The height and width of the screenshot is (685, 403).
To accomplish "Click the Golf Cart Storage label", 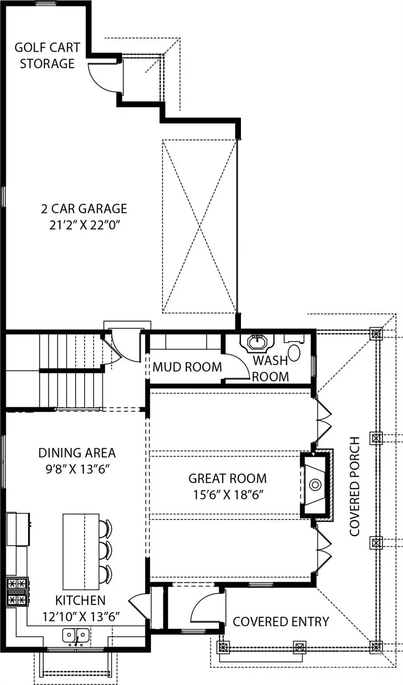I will click(x=47, y=56).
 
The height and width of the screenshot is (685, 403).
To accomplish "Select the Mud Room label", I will click(x=187, y=367).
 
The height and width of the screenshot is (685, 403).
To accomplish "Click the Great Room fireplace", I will click(x=316, y=485).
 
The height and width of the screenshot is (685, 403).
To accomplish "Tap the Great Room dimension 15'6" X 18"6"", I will click(x=227, y=495).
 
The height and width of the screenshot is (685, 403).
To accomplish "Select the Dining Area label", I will click(x=77, y=453).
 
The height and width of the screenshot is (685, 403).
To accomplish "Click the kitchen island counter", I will click(x=81, y=551).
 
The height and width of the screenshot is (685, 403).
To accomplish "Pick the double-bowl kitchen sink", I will click(x=76, y=635).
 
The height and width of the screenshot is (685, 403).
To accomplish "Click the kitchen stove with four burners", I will click(x=17, y=591).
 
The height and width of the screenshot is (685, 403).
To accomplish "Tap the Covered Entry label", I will click(x=281, y=621).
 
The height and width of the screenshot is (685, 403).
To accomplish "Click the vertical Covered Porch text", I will click(x=355, y=486).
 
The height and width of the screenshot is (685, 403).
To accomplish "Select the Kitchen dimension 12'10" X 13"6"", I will click(x=81, y=617).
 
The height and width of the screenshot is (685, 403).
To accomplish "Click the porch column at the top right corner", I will click(x=376, y=334).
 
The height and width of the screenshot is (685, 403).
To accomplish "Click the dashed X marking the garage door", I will click(x=199, y=226).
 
